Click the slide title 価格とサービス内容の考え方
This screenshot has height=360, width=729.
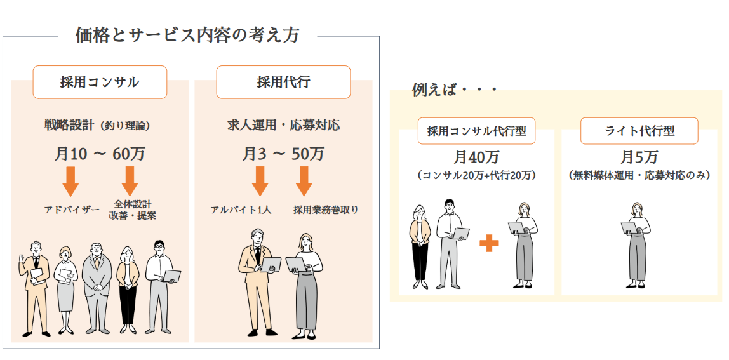coord(187,35)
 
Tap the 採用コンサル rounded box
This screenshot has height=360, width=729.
coord(100,82)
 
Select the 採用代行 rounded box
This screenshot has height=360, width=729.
coord(283,82)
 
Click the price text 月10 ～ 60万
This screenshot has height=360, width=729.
coord(100,154)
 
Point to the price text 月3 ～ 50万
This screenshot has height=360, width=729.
coord(283,154)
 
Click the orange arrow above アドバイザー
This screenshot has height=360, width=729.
coord(71,181)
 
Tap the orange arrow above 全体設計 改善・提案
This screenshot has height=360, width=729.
coord(130,181)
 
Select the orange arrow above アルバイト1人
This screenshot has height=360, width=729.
coord(260,181)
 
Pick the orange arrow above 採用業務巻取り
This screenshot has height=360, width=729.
coord(304,181)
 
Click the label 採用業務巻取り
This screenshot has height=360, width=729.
coord(326,210)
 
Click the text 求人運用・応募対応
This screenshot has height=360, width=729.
coord(283,124)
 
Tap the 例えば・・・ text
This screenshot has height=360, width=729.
coord(453,90)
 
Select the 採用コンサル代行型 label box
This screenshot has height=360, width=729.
coord(476,131)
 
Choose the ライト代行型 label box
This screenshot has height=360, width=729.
coord(639,131)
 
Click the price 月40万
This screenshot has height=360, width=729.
coord(476,157)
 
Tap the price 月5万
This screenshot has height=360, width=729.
coord(639,157)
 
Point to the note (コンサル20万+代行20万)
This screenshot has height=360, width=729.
coord(476,175)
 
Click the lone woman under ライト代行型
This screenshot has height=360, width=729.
coord(637,244)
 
